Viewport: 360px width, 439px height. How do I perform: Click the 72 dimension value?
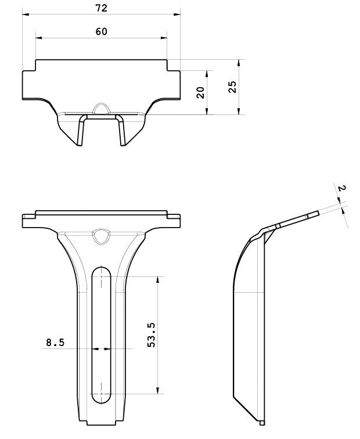click(102, 8)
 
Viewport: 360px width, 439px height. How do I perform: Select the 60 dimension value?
click(102, 31)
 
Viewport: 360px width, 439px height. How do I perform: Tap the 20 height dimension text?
click(200, 92)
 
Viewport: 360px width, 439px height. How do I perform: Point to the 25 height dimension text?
click(232, 87)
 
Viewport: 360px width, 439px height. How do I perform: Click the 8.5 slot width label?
click(55, 342)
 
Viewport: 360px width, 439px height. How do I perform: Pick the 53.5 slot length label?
click(151, 335)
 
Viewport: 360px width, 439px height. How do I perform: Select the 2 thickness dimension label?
click(342, 188)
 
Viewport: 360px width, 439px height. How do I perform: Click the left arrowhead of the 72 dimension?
click(26, 15)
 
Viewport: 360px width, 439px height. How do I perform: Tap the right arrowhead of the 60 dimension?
click(164, 38)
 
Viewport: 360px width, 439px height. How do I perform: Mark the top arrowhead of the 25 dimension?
click(239, 63)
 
